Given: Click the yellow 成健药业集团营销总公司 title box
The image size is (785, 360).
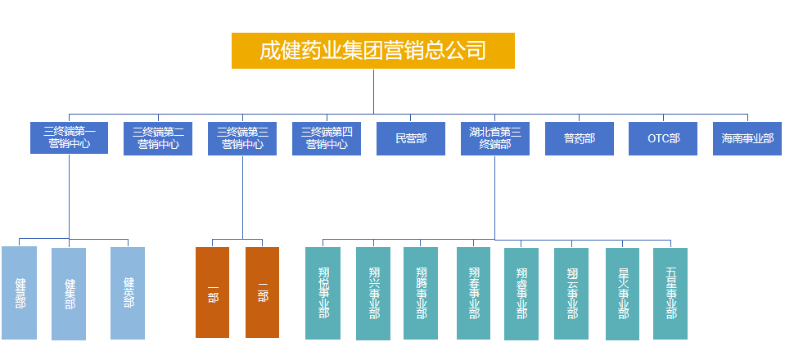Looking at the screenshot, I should [x=373, y=51].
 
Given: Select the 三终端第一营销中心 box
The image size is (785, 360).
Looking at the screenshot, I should [x=69, y=138].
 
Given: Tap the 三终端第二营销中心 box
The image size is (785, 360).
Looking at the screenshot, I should [x=158, y=138].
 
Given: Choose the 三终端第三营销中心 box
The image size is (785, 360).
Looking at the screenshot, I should [x=242, y=138].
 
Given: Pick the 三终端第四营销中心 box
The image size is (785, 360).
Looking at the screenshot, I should [x=327, y=138].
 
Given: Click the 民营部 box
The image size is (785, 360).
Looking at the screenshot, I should [x=410, y=138].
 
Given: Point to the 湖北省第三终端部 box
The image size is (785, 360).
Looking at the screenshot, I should [x=494, y=138].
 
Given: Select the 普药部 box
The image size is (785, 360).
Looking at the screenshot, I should [x=580, y=138].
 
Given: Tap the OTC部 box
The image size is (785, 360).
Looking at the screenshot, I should [x=663, y=138].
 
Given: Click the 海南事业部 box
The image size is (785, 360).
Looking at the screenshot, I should [x=747, y=138].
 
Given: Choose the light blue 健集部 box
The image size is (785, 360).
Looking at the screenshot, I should [x=69, y=294].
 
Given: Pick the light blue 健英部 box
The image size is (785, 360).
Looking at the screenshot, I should [x=128, y=293].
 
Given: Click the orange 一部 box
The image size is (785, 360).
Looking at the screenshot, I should [x=212, y=292].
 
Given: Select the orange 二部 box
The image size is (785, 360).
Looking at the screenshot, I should [x=262, y=292].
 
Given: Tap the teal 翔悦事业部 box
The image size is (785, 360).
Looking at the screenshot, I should [x=323, y=293].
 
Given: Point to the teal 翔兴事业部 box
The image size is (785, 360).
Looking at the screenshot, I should [x=373, y=294].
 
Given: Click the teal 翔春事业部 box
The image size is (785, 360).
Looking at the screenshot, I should [x=474, y=293].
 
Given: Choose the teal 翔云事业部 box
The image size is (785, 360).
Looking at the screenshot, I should [x=571, y=294].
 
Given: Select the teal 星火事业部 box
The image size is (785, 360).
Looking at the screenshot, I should [x=622, y=294].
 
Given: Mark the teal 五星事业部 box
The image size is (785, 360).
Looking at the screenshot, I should [x=670, y=293].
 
